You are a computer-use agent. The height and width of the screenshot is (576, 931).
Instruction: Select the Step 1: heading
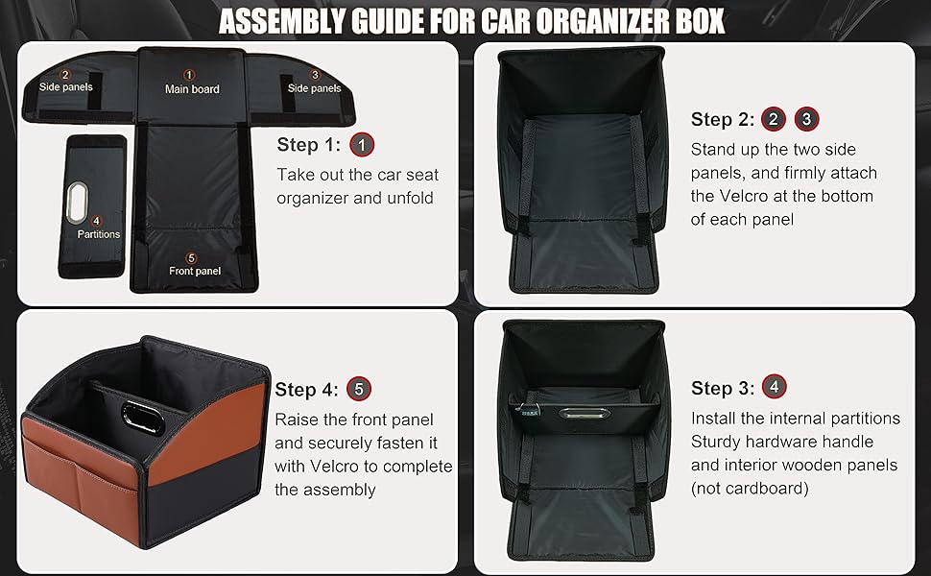[x=310, y=145]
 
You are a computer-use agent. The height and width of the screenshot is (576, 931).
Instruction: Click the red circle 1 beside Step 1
[x=362, y=145]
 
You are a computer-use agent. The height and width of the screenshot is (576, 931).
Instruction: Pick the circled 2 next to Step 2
[x=774, y=119]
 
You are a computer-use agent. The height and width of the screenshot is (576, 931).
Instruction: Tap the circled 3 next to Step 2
[x=807, y=119]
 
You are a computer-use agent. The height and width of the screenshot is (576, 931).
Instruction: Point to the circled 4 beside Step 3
[x=775, y=387]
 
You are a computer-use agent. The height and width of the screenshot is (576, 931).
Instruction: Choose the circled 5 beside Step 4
[x=359, y=389]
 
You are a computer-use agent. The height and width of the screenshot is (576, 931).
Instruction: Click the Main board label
[x=192, y=89]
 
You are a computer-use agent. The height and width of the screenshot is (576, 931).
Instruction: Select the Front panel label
[x=195, y=271]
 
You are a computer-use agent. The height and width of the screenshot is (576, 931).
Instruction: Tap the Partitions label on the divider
[x=99, y=233]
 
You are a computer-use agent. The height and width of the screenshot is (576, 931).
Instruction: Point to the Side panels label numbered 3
[x=315, y=88]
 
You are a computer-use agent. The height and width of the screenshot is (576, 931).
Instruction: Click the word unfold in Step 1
[x=410, y=198]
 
